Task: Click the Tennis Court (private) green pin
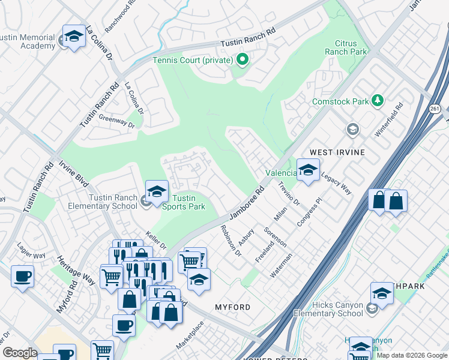(x=243, y=59)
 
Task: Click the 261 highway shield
(x=435, y=107)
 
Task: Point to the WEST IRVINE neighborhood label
(x=337, y=152)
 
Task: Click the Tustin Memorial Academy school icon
(x=74, y=36)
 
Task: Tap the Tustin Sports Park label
(x=184, y=203)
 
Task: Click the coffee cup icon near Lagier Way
(x=22, y=277)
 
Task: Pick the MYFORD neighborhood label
(x=232, y=307)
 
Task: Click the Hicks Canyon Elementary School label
(x=328, y=309)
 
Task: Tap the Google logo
(x=20, y=353)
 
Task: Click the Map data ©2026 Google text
(x=412, y=355)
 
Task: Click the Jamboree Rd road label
(x=247, y=205)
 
